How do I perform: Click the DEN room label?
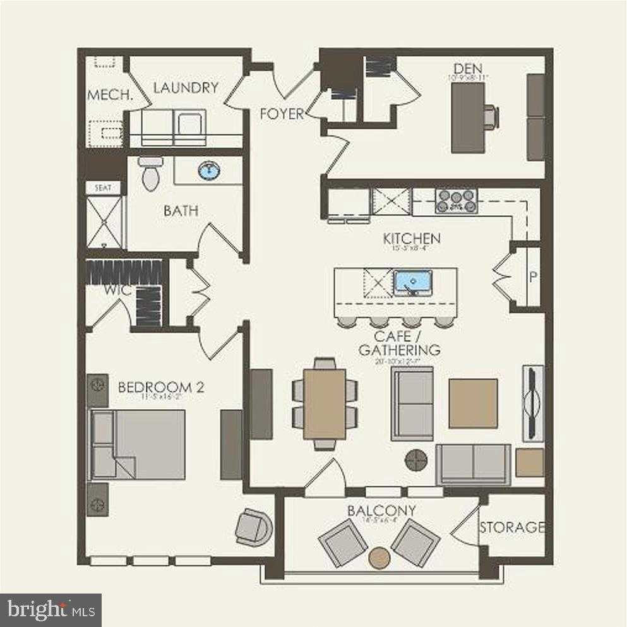pos(468,68)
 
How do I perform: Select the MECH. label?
pos(109,95)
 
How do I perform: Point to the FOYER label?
pos(282,114)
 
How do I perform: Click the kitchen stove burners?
pos(455,200)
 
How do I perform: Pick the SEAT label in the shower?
pos(102,188)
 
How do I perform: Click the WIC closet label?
pos(117,290)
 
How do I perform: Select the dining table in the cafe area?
pos(325,403)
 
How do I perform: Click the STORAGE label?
pos(511,527)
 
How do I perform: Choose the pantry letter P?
pos(532,277)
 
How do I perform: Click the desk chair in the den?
pos(490,117)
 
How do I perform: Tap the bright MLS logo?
pos(51,610)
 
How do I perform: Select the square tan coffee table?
pos(473,403)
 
